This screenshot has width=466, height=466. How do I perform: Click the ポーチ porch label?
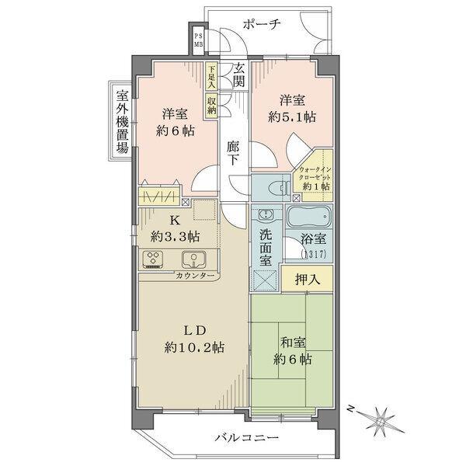pyautogui.click(x=262, y=24)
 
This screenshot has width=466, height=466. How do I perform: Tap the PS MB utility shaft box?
pyautogui.click(x=199, y=40)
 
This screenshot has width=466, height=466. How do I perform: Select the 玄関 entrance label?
pyautogui.click(x=238, y=76)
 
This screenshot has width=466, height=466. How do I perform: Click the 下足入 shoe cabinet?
pyautogui.click(x=211, y=77)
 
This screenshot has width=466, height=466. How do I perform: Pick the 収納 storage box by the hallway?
pyautogui.click(x=211, y=106)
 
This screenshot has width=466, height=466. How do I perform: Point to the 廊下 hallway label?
pyautogui.click(x=233, y=153)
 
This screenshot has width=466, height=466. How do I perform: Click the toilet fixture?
pyautogui.click(x=279, y=188)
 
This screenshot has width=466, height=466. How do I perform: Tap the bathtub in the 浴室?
pyautogui.click(x=308, y=217)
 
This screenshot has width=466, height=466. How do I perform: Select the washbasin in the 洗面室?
pyautogui.click(x=265, y=214)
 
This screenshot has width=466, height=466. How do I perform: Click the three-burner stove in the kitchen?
pyautogui.click(x=153, y=259)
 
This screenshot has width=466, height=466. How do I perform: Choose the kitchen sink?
pyautogui.click(x=194, y=259)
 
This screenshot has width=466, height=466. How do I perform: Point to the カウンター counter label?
pyautogui.click(x=195, y=276)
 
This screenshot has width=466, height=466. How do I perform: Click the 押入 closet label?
pyautogui.click(x=308, y=279)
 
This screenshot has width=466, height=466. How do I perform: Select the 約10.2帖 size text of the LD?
pyautogui.click(x=194, y=347)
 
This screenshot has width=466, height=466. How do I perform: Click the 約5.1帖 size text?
pyautogui.click(x=292, y=117)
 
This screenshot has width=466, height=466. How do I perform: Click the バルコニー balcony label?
pyautogui.click(x=247, y=438)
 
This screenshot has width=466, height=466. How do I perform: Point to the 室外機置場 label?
pyautogui.click(x=122, y=122)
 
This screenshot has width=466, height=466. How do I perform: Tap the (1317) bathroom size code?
pyautogui.click(x=314, y=254)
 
